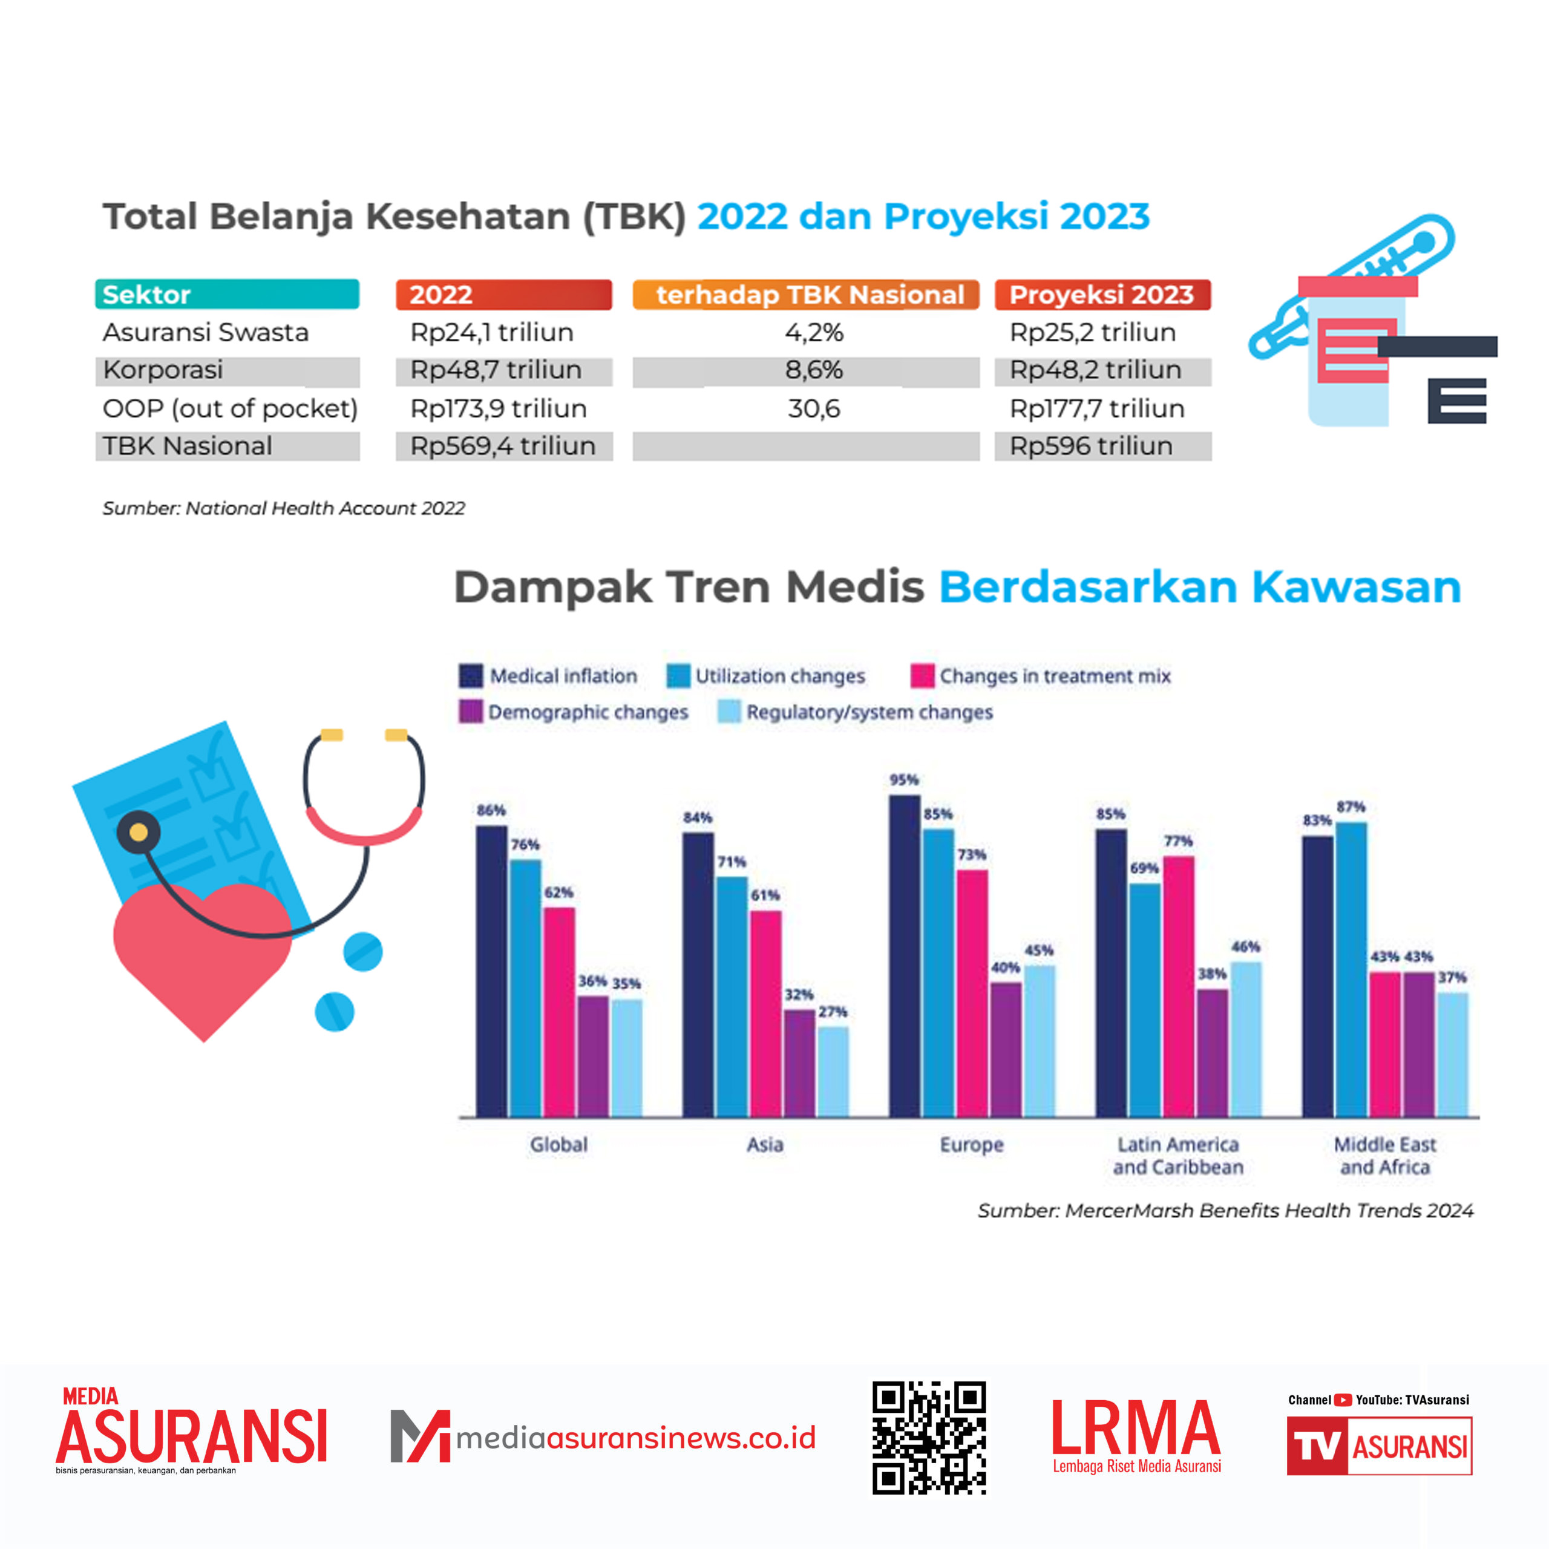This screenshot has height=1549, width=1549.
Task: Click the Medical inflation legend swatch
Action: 471,676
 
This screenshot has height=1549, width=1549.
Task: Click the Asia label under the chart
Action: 765,1144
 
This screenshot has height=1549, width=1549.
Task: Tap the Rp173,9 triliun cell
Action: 499,409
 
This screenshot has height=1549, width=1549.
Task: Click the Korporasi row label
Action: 163,370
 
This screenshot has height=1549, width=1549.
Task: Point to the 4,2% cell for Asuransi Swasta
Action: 814,333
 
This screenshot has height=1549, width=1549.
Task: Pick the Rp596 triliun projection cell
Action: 1091,447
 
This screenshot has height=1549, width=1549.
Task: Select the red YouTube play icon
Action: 1343,1400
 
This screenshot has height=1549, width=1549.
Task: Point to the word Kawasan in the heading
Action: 1357,587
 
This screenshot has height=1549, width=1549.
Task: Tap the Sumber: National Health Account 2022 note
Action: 284,508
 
